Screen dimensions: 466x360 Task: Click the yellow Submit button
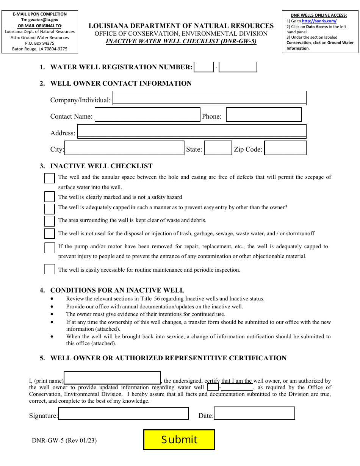point(179,439)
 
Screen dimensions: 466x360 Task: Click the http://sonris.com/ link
point(319,21)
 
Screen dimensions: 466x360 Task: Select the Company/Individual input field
point(209,98)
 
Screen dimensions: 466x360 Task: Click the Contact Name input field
point(147,114)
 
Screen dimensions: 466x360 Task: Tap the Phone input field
point(264,115)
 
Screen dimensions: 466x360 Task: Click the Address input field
point(192,131)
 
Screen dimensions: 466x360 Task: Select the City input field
point(124,148)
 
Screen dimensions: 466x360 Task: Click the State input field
point(218,148)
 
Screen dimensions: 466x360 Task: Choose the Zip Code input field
point(285,148)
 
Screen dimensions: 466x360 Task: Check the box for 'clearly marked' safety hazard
point(50,197)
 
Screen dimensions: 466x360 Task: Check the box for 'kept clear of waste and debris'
point(50,220)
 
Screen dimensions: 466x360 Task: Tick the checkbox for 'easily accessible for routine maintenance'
point(50,269)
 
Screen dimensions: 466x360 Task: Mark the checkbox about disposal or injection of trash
point(50,233)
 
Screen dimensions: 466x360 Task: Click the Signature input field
point(123,414)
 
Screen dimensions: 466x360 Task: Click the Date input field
point(254,413)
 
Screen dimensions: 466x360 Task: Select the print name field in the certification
point(112,378)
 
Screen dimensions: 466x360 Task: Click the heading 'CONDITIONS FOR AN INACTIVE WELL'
point(117,290)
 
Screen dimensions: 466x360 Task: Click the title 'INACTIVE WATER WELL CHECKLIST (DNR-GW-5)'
point(181,41)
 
